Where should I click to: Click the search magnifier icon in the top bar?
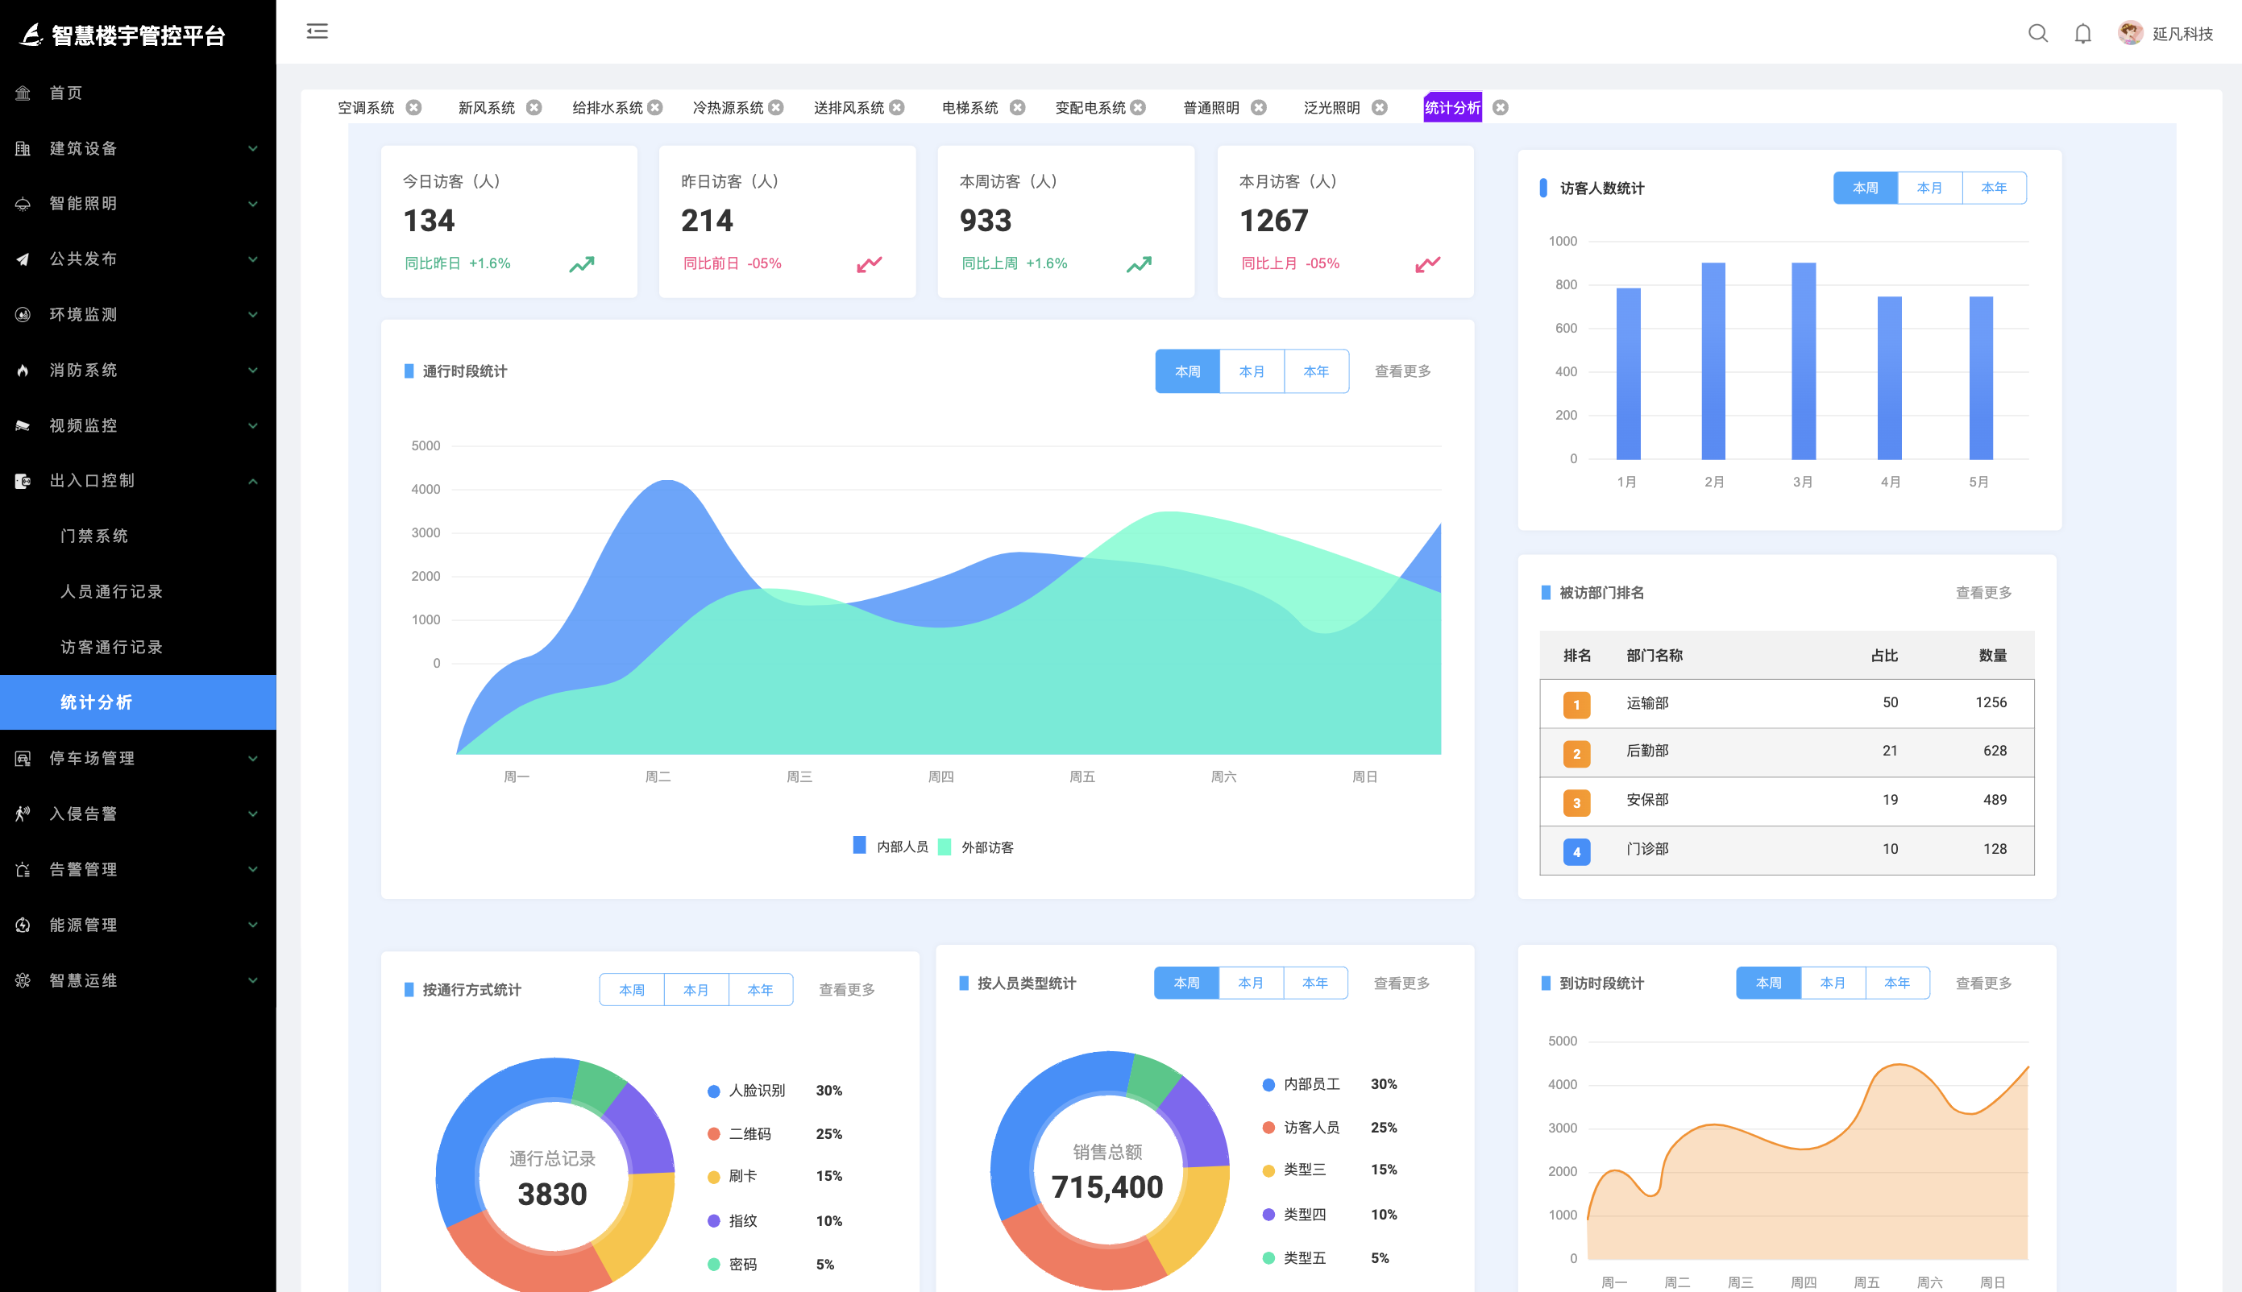2037,34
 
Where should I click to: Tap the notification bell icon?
2082,34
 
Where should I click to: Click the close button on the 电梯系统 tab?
1017,107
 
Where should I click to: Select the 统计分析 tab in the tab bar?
1452,107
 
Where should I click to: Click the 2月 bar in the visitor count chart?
1713,360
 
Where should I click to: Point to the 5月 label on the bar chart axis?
1978,482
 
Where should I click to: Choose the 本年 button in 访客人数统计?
1993,188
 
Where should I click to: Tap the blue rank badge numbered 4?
1576,851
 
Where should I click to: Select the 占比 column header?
1883,656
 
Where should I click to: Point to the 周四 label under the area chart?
940,776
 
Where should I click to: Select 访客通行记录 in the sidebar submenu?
112,647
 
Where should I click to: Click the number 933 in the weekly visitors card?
985,220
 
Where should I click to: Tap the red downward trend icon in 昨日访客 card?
869,263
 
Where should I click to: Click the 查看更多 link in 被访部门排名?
1983,593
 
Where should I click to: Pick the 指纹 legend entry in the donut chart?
742,1220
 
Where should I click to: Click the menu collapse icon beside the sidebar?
317,32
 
